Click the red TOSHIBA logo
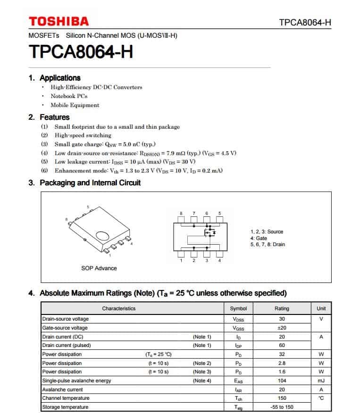point(59,21)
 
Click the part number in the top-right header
point(305,23)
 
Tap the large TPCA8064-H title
point(81,51)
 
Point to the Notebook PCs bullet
point(69,96)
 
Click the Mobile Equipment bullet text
point(75,105)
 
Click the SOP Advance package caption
point(99,268)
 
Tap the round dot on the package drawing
point(102,236)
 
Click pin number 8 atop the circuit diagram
point(181,214)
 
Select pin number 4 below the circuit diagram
point(219,260)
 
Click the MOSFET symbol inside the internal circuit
point(209,233)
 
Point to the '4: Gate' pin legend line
point(259,238)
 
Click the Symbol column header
point(238,308)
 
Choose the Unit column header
point(321,308)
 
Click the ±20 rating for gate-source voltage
point(282,328)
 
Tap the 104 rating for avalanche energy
point(282,380)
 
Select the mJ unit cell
point(321,380)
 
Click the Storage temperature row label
point(65,407)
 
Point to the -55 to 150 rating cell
point(282,407)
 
